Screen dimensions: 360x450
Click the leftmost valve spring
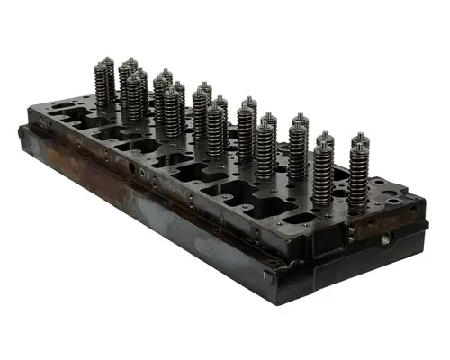[x=104, y=84]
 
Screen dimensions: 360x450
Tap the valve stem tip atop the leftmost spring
[x=106, y=60]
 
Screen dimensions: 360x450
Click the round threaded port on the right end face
[x=386, y=239]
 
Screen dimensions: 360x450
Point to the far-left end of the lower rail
[x=22, y=135]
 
